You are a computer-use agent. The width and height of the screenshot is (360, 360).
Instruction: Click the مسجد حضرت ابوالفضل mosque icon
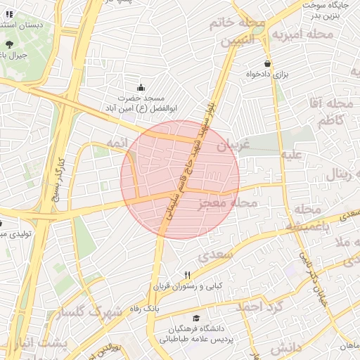[141, 88]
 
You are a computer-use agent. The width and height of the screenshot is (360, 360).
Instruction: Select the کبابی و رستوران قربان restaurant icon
[187, 275]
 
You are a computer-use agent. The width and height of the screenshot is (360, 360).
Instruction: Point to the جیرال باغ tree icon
[9, 44]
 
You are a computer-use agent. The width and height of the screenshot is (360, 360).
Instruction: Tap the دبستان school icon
[9, 14]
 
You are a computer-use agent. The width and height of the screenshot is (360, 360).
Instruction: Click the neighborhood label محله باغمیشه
[307, 218]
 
